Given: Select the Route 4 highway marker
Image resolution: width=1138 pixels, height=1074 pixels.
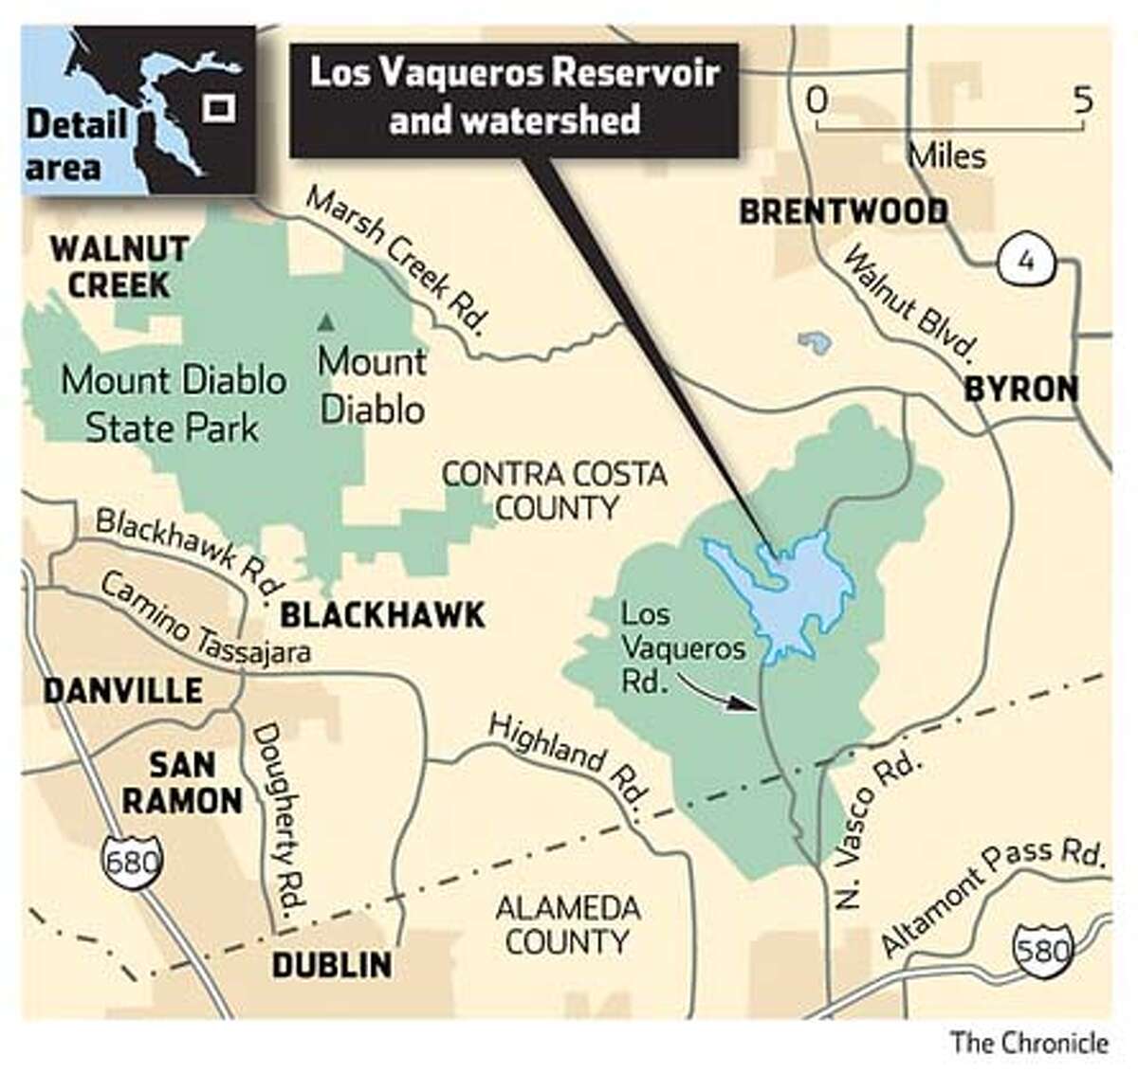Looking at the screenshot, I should [x=1024, y=261].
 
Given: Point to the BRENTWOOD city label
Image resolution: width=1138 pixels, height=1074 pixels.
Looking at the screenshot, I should [x=843, y=211].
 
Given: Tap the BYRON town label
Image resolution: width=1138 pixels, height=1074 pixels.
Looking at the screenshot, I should [x=1021, y=389].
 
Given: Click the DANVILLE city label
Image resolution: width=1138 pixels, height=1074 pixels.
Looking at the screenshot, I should [x=122, y=690].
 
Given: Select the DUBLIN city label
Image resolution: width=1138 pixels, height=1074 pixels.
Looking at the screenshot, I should [x=331, y=965].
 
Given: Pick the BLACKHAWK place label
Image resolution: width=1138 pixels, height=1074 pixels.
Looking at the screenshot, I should [x=382, y=615].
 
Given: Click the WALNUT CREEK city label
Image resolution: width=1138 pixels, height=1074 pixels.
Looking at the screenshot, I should [x=119, y=267].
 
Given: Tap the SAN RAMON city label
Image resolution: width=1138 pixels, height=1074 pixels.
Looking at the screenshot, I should [x=182, y=782].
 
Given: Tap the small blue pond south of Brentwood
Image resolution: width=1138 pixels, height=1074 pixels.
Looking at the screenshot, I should [x=811, y=342].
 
